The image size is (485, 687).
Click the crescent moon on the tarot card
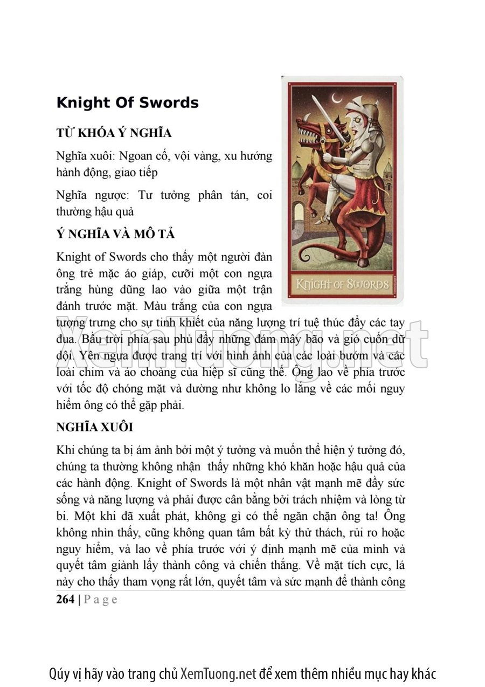tap(337, 99)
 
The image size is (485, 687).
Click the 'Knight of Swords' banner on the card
tap(342, 284)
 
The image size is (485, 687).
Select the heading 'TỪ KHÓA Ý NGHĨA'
tap(114, 133)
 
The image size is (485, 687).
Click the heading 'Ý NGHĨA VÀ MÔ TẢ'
tap(115, 235)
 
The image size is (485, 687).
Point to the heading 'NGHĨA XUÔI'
tap(94, 427)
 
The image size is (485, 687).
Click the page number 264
tap(65, 599)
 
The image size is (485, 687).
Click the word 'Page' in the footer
tap(101, 599)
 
